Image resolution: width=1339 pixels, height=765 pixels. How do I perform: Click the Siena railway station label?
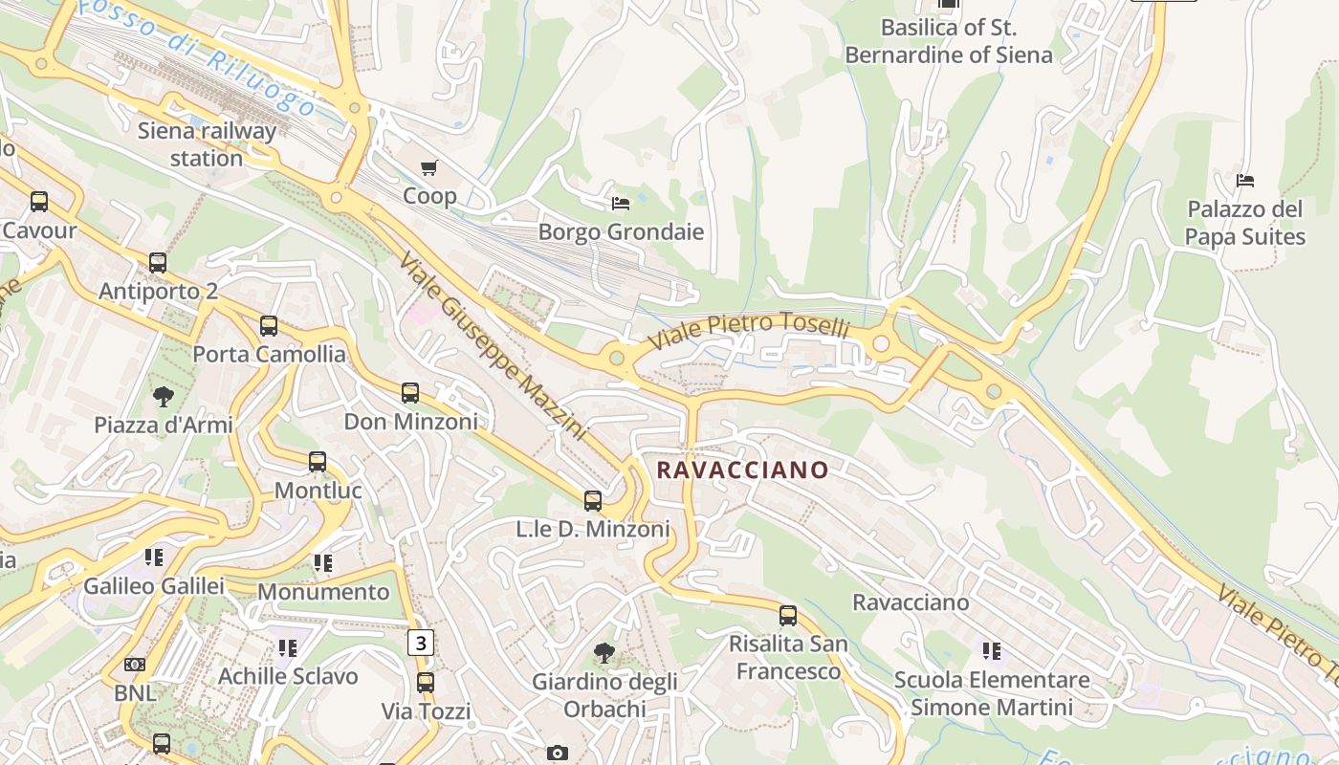point(207,144)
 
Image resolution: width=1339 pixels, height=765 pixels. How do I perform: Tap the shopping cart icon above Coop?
point(429,168)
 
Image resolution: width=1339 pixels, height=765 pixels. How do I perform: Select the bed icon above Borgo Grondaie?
point(621,204)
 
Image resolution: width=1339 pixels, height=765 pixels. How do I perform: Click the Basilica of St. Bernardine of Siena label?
point(948,41)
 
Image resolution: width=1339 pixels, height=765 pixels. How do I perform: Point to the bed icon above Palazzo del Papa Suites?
point(1244,181)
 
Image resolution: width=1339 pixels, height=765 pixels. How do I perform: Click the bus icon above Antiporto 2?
point(158,263)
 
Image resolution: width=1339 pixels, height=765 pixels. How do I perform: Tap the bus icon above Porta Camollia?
point(269,326)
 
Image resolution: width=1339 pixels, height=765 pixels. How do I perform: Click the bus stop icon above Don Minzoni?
point(410,393)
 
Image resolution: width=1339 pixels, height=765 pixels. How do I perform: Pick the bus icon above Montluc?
point(318,463)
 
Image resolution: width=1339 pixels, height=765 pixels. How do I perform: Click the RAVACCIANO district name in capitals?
point(742,470)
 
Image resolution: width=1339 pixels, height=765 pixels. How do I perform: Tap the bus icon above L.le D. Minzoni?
point(593,501)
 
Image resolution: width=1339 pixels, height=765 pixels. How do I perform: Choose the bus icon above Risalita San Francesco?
point(788,616)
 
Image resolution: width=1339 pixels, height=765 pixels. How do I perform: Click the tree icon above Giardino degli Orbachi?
point(604,654)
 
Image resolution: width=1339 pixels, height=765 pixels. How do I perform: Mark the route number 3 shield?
point(420,643)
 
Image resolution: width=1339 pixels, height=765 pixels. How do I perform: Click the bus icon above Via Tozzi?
point(426,683)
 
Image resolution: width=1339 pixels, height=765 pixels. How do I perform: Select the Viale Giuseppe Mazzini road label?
point(492,346)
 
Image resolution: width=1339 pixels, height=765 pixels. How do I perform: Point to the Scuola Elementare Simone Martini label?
point(992,693)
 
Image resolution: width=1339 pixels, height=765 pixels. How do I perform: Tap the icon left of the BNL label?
point(135,665)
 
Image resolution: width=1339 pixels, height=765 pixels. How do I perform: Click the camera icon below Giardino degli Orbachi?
point(558,754)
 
